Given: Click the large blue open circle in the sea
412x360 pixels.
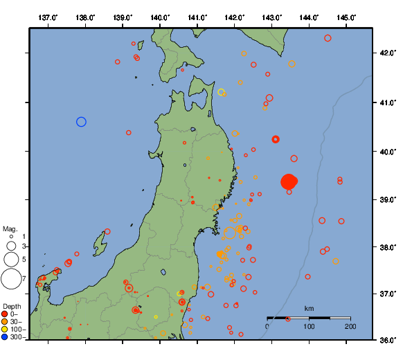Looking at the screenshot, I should (81, 122).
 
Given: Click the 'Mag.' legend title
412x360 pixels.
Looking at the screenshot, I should (10, 228).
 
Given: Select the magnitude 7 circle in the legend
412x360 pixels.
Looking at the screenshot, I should (10, 279).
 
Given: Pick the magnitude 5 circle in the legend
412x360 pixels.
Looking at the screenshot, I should (10, 260).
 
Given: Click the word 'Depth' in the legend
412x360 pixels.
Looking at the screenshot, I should (12, 306).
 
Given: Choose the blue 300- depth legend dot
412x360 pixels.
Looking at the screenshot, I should (5, 337).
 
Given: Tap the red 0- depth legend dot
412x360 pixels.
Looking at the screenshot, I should (5, 314).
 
